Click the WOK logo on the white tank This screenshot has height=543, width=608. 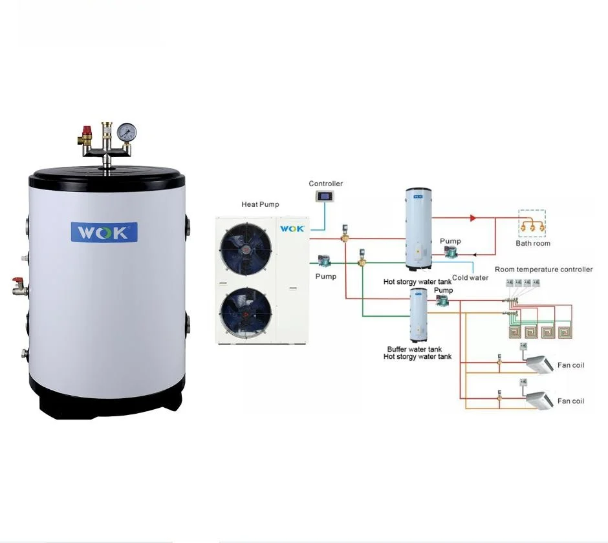pyautogui.click(x=104, y=231)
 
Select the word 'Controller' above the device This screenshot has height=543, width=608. pyautogui.click(x=325, y=184)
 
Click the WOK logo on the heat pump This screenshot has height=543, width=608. pyautogui.click(x=292, y=228)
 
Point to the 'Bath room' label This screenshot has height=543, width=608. pyautogui.click(x=533, y=244)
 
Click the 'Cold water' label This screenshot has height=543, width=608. pyautogui.click(x=470, y=278)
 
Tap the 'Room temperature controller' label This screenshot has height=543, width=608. pyautogui.click(x=543, y=270)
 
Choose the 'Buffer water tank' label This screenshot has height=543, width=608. pyautogui.click(x=415, y=349)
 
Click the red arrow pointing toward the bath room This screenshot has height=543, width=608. pyautogui.click(x=473, y=218)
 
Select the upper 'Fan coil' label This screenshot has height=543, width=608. pyautogui.click(x=570, y=365)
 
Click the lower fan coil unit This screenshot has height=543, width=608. pyautogui.click(x=539, y=399)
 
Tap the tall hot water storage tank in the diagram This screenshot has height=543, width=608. pyautogui.click(x=418, y=229)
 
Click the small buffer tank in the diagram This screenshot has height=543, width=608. pyautogui.click(x=418, y=315)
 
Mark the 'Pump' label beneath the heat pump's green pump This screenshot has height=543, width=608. pyautogui.click(x=326, y=277)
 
